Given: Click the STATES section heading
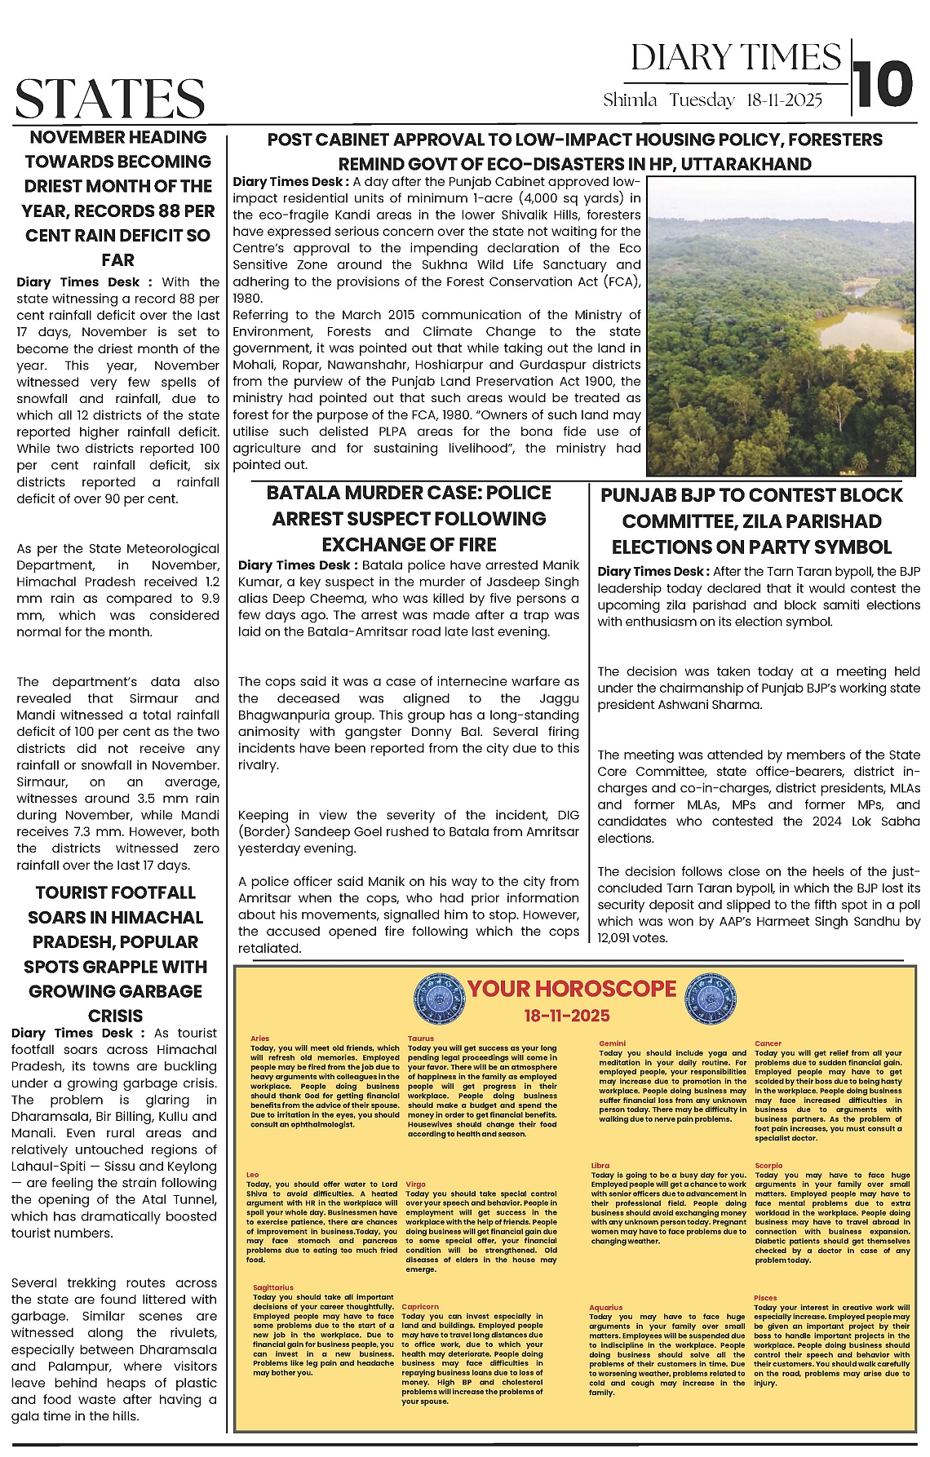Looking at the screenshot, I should [x=110, y=100].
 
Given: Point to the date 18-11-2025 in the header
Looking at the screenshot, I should [x=784, y=100].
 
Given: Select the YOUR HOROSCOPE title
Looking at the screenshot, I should [x=571, y=989].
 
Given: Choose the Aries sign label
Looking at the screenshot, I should [x=259, y=1038].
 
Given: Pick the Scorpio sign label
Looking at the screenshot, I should [x=768, y=1166].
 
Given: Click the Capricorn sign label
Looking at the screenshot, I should [x=420, y=1306].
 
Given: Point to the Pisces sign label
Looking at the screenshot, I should [x=765, y=1297].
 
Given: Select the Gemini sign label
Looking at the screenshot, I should [x=612, y=1043].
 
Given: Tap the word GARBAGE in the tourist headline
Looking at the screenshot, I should [x=159, y=991].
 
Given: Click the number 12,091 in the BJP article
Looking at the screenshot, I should [x=621, y=938].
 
